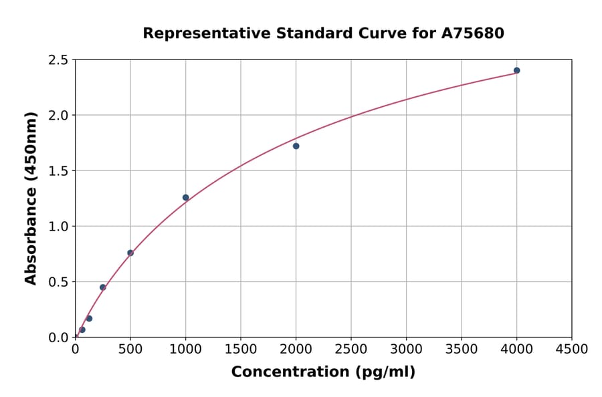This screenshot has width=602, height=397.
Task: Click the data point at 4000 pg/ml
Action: click(x=516, y=70)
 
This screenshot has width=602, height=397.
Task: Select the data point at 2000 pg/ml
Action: click(x=296, y=146)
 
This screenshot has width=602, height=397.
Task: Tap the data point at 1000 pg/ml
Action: click(x=185, y=197)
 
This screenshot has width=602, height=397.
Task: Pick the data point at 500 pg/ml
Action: click(x=130, y=253)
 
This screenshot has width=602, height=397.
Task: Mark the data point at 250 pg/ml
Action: click(x=103, y=287)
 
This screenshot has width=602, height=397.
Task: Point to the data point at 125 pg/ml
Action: click(x=89, y=318)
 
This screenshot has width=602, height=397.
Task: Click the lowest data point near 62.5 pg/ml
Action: click(x=82, y=329)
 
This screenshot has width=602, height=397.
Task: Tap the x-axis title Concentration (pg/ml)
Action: click(x=323, y=372)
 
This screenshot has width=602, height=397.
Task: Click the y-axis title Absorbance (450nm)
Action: click(x=31, y=198)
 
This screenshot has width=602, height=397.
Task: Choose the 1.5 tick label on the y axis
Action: click(x=58, y=171)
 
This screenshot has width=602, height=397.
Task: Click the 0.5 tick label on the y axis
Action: click(x=58, y=282)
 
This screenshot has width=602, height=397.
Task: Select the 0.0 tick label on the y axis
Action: click(x=58, y=338)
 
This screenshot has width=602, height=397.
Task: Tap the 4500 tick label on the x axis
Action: click(x=571, y=350)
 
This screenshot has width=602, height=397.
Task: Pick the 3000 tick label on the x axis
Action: click(x=406, y=350)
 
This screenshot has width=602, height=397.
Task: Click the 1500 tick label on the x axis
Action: click(x=240, y=350)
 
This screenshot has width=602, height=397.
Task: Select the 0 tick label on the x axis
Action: click(x=75, y=350)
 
